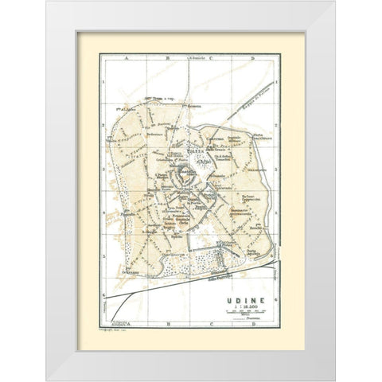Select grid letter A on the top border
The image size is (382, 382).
[x=124, y=59]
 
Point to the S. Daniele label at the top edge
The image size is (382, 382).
[x=190, y=60]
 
